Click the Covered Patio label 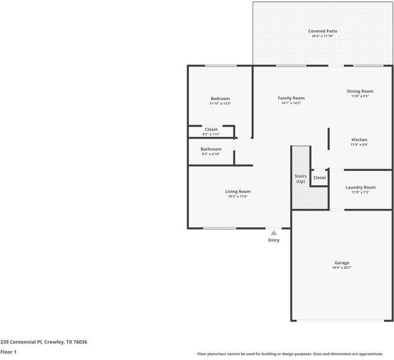click(322, 31)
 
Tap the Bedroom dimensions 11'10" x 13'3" click(220, 104)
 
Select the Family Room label click(291, 98)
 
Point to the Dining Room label click(360, 91)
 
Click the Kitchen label click(359, 139)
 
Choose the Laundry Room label click(360, 187)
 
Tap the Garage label click(342, 262)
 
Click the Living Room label click(238, 191)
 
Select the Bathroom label click(211, 149)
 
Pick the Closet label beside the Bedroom click(211, 129)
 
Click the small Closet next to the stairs click(320, 178)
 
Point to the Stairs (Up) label click(300, 179)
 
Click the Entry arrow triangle click(274, 233)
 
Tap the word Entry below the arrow click(274, 240)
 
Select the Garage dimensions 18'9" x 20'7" click(342, 268)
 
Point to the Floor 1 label click(8, 352)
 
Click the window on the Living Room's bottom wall click(219, 228)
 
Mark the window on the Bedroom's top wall click(221, 66)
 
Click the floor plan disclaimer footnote click(294, 354)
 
